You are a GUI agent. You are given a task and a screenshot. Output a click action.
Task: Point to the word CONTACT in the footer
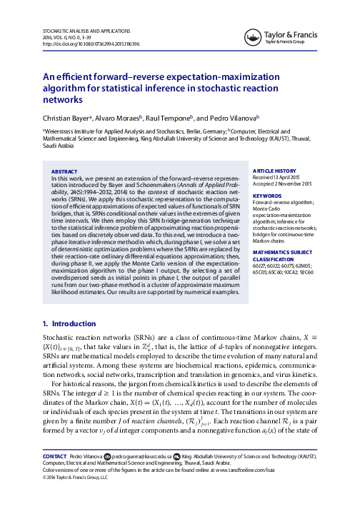tap(56, 474)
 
